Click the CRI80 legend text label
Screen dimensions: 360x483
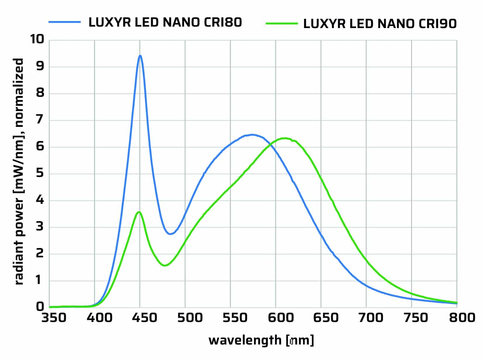click(165, 22)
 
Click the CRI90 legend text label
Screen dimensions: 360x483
click(380, 24)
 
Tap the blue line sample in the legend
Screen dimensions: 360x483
click(65, 22)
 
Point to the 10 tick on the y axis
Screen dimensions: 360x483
click(37, 39)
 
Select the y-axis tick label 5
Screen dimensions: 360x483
click(40, 173)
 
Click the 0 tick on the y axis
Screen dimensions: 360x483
click(40, 307)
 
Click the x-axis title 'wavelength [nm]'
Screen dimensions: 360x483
click(261, 340)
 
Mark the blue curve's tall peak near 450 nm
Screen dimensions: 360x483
click(140, 56)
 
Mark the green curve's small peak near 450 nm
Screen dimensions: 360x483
click(139, 212)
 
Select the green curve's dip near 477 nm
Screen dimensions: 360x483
click(165, 266)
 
